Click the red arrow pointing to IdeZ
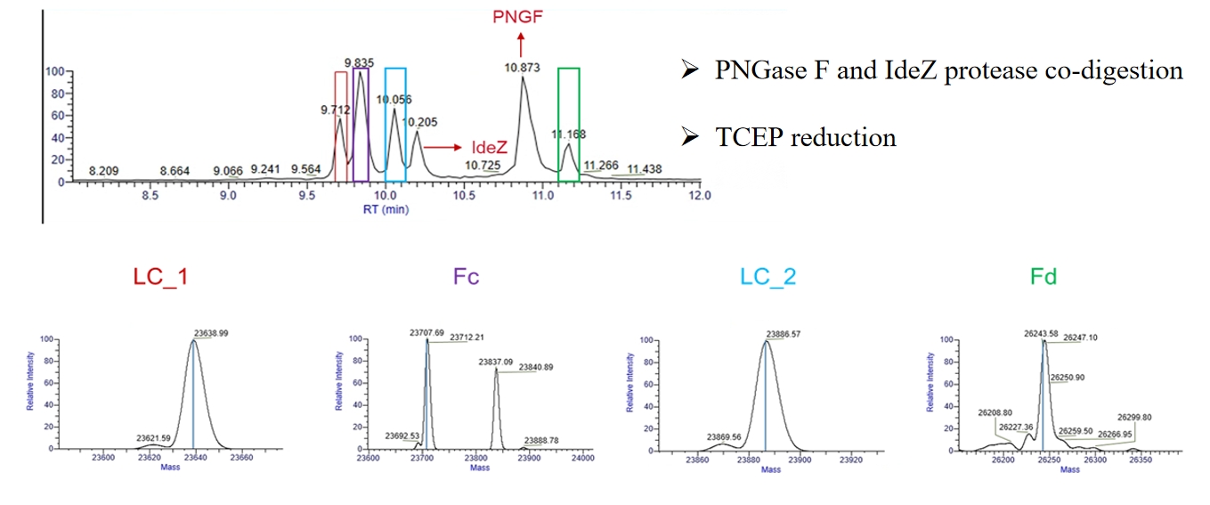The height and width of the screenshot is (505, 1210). coord(443,146)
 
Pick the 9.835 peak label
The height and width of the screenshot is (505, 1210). coord(360,62)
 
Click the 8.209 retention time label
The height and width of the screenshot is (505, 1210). coord(104,170)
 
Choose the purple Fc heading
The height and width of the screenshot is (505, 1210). coord(466,276)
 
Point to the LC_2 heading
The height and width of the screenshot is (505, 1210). coord(767,276)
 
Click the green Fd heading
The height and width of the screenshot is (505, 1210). coord(1043,276)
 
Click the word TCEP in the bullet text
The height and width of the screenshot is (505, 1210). coord(748,137)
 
